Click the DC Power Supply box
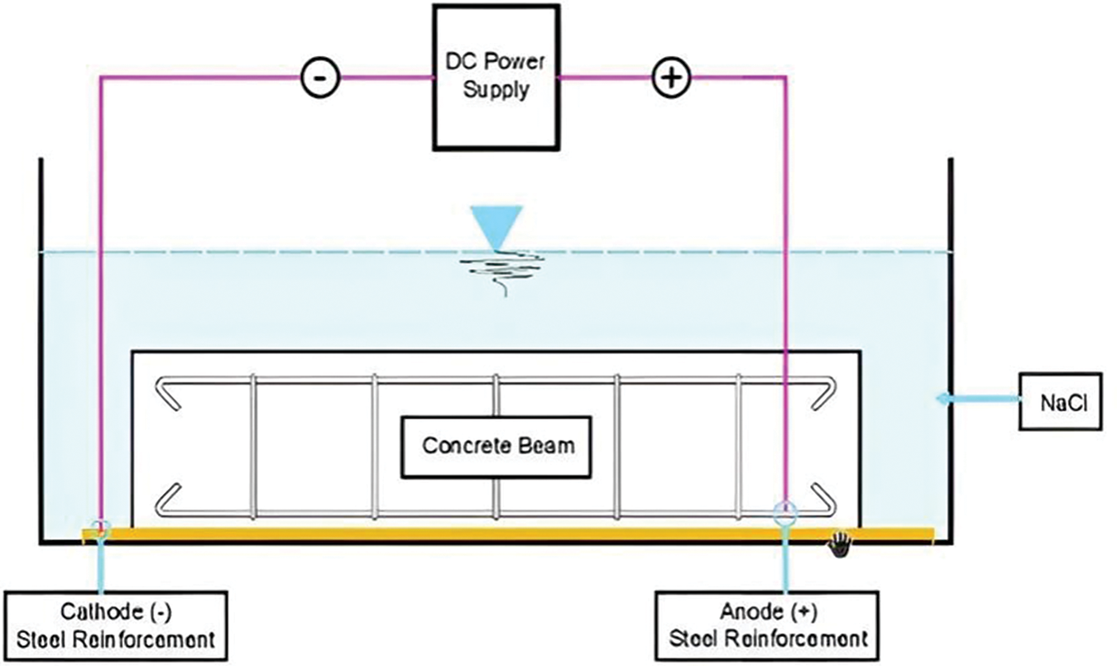click(x=496, y=77)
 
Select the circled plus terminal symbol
click(x=672, y=78)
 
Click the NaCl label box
click(x=1061, y=401)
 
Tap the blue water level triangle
click(x=496, y=228)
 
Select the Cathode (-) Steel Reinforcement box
click(x=116, y=625)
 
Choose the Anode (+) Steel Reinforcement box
click(x=767, y=625)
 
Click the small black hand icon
click(x=840, y=545)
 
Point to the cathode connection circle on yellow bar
click(x=101, y=527)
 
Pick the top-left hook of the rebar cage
click(x=167, y=394)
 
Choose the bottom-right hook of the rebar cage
click(x=823, y=500)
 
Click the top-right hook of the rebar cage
click(x=823, y=394)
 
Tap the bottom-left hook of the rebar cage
click(x=167, y=500)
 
